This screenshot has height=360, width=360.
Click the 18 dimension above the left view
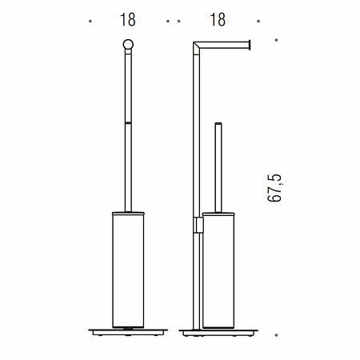point(128,20)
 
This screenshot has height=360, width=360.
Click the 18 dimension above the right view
point(218,20)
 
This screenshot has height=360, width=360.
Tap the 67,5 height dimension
point(274,188)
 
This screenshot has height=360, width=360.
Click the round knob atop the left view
point(128,44)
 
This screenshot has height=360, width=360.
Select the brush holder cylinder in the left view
point(128,270)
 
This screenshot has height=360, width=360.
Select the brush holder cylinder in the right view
point(218,270)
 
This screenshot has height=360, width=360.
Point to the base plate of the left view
point(128,332)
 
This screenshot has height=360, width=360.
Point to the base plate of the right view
point(218,332)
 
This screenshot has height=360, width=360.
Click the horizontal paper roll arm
point(223,45)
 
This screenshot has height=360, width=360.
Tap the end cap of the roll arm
point(250,45)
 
